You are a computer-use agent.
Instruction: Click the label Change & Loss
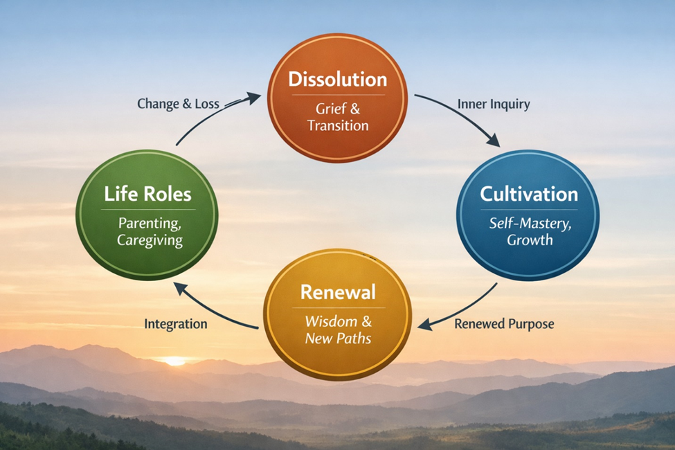coord(178,105)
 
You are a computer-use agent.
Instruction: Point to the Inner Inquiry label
coord(494,105)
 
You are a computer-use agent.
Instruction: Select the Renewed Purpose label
coord(504,323)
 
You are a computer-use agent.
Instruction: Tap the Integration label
coord(175,323)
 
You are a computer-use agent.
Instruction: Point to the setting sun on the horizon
coord(174,361)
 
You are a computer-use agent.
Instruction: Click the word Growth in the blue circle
coord(530,241)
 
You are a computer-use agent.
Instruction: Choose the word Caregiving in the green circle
coord(150,241)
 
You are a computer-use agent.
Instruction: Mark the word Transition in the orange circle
coord(338,125)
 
